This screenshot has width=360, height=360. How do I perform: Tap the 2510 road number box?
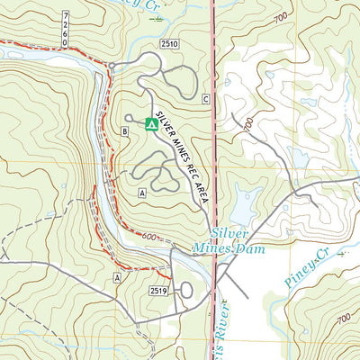pyautogui.click(x=172, y=43)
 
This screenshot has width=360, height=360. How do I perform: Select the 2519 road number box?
pyautogui.click(x=159, y=291)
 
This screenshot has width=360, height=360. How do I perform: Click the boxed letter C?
pyautogui.click(x=205, y=98)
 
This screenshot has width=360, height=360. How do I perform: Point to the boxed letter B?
pyautogui.click(x=124, y=132)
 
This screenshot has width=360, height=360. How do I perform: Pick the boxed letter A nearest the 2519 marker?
pyautogui.click(x=117, y=279)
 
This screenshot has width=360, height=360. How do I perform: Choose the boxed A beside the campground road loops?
pyautogui.click(x=142, y=193)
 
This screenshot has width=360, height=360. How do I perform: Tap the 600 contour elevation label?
pyautogui.click(x=148, y=237)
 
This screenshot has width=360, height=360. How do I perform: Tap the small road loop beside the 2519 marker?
pyautogui.click(x=186, y=290)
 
